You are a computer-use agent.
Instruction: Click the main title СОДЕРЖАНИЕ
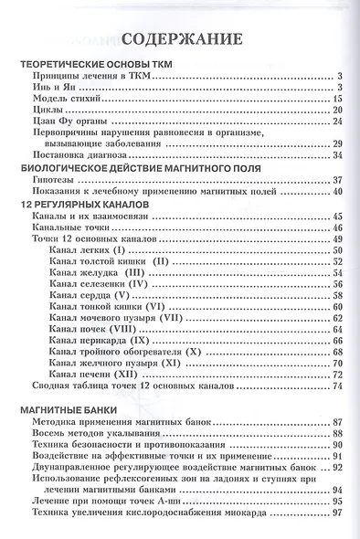181,40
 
